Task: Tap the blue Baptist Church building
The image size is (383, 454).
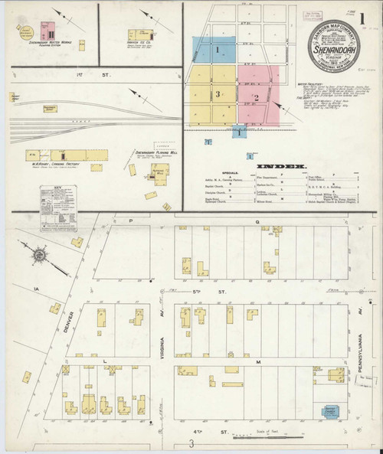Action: pyautogui.click(x=329, y=412)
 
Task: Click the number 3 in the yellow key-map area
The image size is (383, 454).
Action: pyautogui.click(x=218, y=94)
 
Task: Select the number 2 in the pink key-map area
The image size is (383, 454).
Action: pyautogui.click(x=257, y=97)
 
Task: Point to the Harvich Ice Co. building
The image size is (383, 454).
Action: pyautogui.click(x=140, y=34)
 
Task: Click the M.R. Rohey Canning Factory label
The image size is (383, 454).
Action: pyautogui.click(x=52, y=162)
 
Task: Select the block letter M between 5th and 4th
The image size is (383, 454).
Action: pyautogui.click(x=260, y=361)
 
